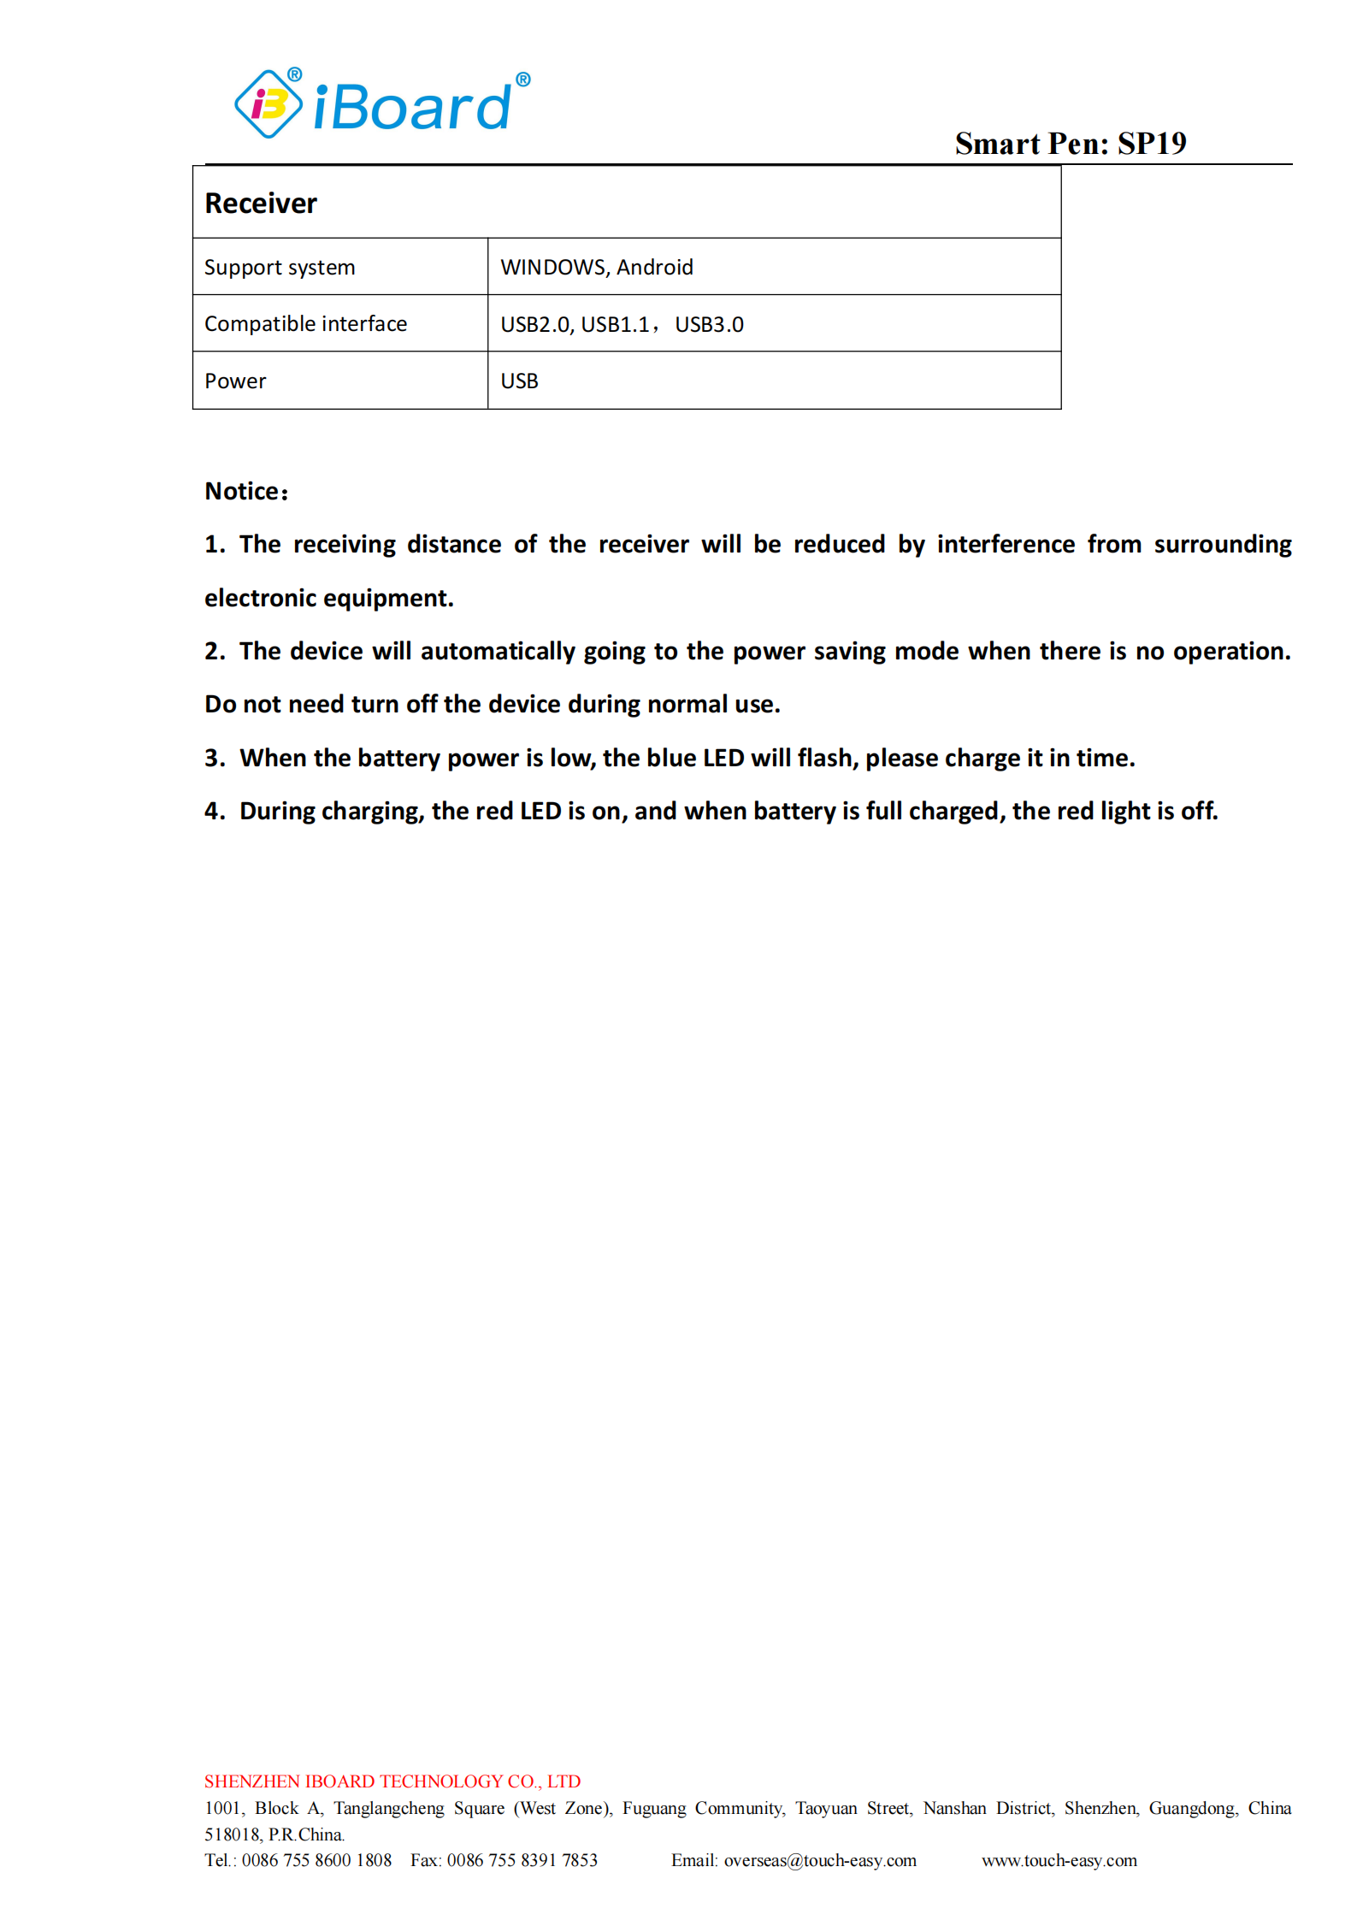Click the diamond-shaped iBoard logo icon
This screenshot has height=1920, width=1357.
point(268,104)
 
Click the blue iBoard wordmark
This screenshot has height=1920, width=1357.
point(413,107)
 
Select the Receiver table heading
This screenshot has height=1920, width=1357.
point(261,204)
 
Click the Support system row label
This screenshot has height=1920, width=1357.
point(280,268)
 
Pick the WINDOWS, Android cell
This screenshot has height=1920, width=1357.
point(596,268)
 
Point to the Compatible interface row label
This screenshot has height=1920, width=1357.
point(305,324)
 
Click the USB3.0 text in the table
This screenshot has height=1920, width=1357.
point(709,325)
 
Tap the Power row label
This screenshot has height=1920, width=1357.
point(235,381)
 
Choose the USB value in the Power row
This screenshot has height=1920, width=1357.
point(519,381)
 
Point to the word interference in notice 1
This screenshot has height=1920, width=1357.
point(1006,545)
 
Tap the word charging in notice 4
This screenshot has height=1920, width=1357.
point(372,812)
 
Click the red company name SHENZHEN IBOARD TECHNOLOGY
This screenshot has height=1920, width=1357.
point(392,1781)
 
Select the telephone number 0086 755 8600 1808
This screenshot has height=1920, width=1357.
point(316,1860)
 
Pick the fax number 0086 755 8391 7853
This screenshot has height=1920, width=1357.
point(522,1860)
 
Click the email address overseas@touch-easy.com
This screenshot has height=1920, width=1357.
point(819,1860)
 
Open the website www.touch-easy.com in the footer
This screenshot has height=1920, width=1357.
point(1059,1860)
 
